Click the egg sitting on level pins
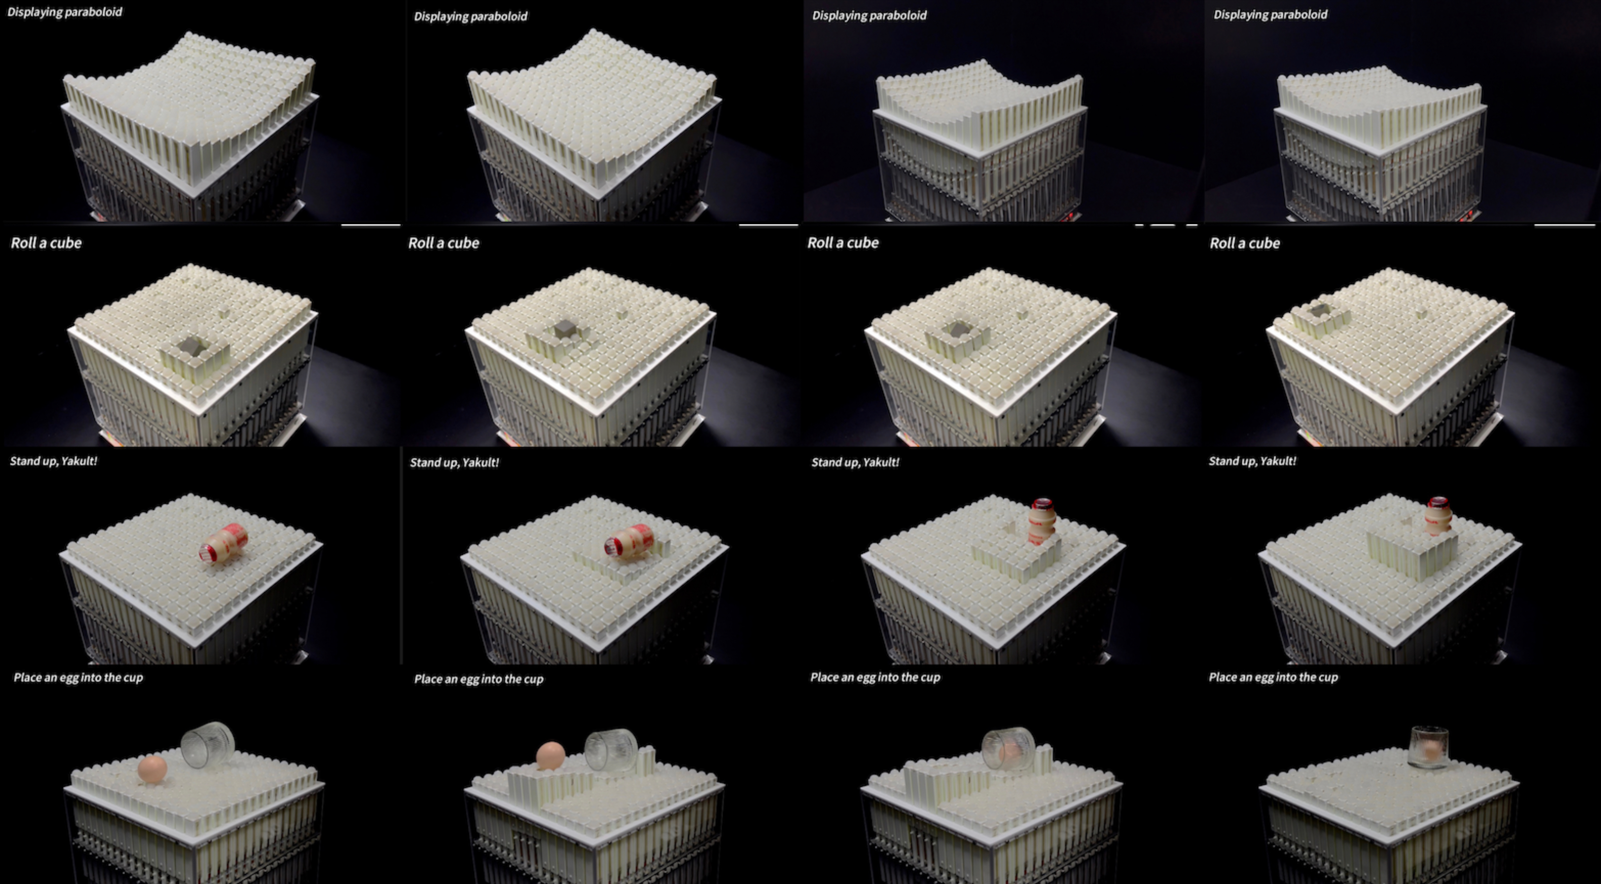(152, 769)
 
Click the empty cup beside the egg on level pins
(208, 744)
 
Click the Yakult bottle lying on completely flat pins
(223, 544)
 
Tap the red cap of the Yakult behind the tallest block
(1438, 503)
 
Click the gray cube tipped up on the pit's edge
(565, 329)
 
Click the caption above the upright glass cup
(1273, 677)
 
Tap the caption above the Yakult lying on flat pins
(54, 461)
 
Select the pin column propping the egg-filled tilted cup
(1044, 759)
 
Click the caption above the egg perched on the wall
(478, 679)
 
